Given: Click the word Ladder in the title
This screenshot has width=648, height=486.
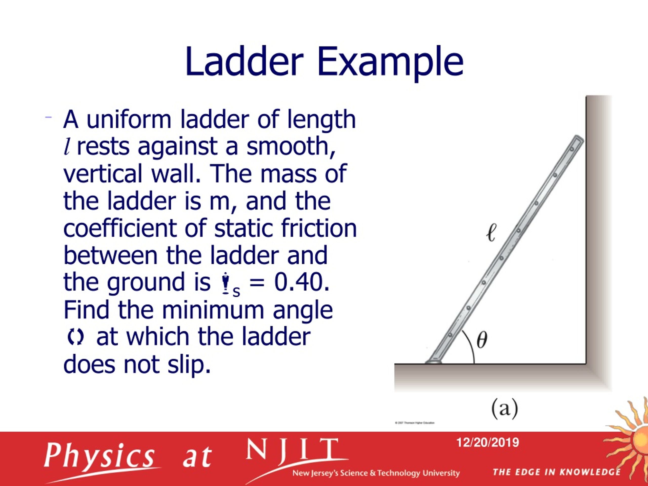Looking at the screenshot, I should coord(244,62).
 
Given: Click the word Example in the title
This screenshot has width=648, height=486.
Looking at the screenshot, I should coord(390,63).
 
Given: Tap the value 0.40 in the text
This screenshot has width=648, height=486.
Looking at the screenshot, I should coord(301,282).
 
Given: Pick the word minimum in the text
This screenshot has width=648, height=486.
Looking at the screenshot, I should coord(213,310).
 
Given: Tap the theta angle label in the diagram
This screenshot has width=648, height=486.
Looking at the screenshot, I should coord(482,340).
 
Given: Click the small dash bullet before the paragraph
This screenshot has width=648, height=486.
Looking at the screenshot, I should coord(48,117).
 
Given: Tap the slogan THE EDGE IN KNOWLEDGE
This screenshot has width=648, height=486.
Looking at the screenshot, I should coord(557,472).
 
